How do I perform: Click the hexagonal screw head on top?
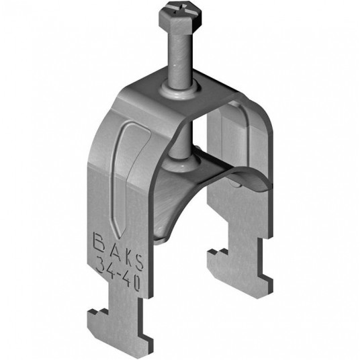tap(180, 19)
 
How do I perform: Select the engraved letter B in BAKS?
tap(99, 242)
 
